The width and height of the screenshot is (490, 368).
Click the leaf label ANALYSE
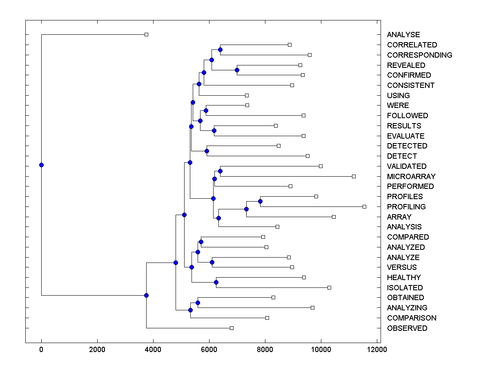(403, 35)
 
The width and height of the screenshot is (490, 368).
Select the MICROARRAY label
(411, 177)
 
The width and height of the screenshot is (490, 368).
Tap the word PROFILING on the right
(406, 207)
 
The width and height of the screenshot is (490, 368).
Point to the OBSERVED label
(407, 328)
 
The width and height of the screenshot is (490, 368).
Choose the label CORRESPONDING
(419, 55)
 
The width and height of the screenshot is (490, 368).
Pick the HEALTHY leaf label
(404, 278)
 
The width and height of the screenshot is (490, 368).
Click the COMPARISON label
(412, 318)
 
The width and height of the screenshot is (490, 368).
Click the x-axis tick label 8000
(265, 350)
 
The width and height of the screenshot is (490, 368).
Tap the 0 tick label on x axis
(41, 350)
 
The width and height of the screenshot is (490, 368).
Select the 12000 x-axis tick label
(376, 350)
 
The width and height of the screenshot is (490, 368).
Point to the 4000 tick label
(153, 350)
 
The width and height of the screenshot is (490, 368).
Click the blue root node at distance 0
(41, 165)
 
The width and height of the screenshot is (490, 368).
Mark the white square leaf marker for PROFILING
(364, 206)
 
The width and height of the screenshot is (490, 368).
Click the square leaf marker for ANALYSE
(147, 34)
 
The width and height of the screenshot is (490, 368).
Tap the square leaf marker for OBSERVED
(232, 328)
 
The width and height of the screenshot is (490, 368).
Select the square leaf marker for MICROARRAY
(354, 176)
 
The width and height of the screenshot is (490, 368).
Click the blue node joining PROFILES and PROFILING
(260, 201)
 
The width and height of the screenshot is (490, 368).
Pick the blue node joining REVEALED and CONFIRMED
(237, 70)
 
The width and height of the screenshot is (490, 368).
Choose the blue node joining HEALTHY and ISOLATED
(216, 282)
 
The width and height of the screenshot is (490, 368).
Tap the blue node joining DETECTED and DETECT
(207, 151)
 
